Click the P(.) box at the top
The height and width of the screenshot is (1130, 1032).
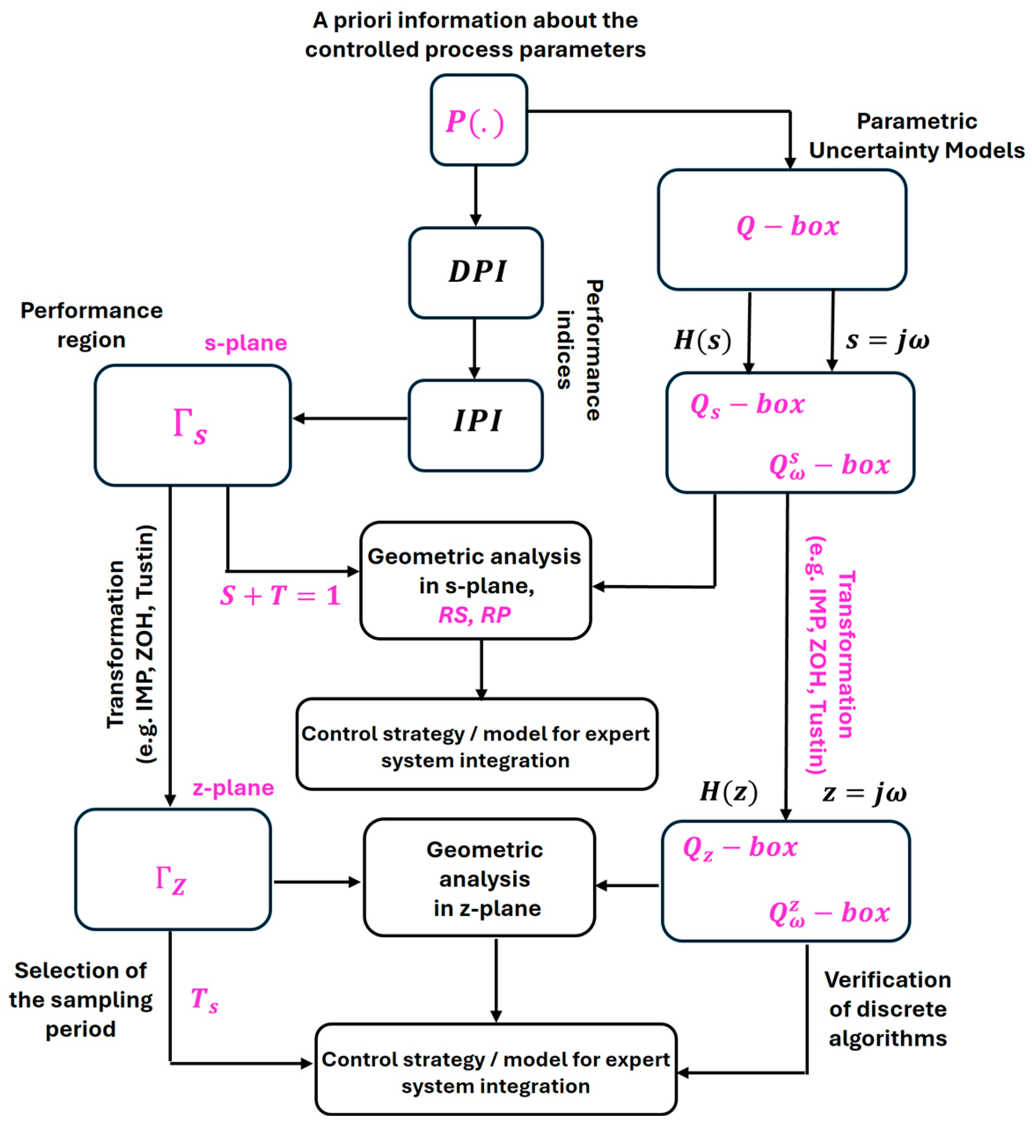479,120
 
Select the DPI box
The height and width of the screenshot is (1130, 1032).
476,272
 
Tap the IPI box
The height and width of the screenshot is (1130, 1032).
476,425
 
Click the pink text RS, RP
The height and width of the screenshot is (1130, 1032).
475,615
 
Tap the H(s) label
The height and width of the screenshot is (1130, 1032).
702,340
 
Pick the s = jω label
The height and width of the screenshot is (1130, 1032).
888,341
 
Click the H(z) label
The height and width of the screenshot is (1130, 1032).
728,792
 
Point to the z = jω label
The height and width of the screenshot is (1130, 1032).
864,793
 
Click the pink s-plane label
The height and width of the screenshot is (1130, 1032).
245,343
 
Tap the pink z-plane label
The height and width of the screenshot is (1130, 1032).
233,787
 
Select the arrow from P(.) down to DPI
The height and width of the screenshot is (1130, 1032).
476,196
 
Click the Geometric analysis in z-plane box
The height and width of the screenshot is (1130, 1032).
479,877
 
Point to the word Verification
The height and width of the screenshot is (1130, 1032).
888,980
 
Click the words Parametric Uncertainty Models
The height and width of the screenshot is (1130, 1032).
917,136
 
